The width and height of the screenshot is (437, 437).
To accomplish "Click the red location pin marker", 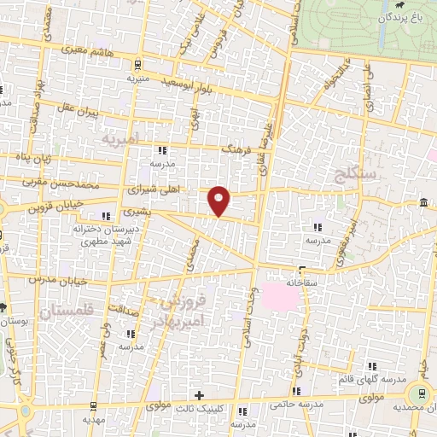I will click(219, 201).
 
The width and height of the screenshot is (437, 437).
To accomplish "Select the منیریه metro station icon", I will click(137, 65).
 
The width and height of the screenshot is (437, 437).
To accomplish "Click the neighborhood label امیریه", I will click(119, 137).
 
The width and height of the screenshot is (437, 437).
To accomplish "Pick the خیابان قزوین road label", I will click(56, 207).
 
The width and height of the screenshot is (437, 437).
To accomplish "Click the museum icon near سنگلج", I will click(424, 201).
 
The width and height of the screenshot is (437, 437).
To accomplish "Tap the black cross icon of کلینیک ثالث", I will click(199, 395).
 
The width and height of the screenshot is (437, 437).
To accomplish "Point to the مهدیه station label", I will click(96, 420).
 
